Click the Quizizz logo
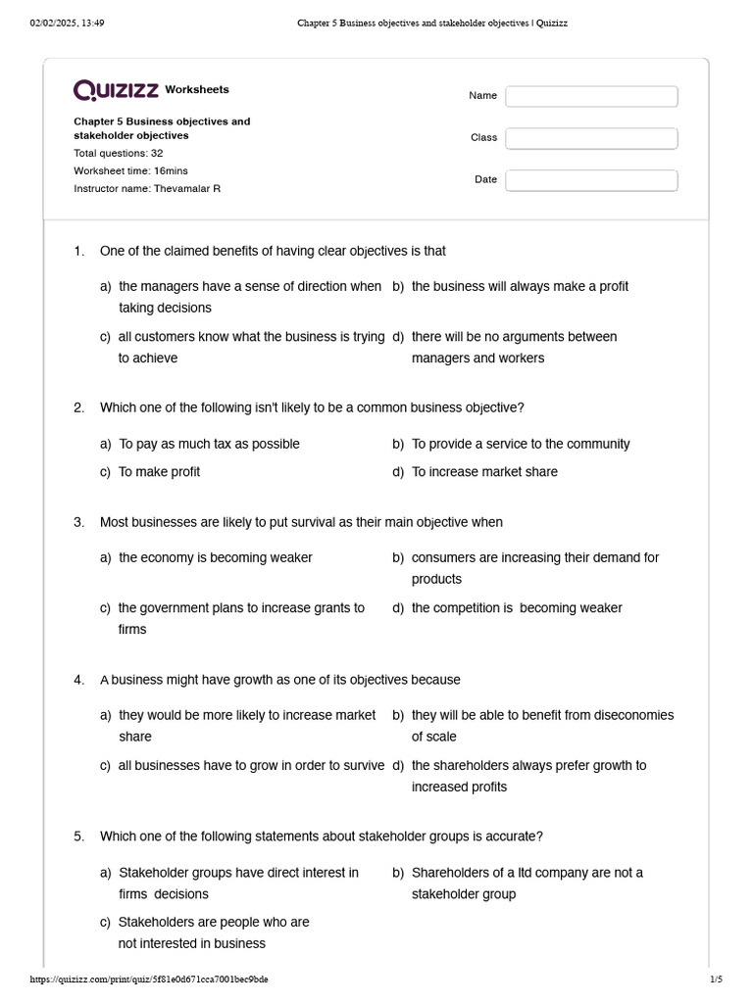click(x=117, y=90)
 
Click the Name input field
click(x=591, y=96)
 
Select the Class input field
click(x=591, y=138)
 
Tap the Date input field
click(x=591, y=180)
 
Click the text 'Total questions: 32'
click(x=119, y=154)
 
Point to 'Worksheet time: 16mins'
click(x=131, y=170)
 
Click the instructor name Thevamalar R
click(x=186, y=188)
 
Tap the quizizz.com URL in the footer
click(x=149, y=979)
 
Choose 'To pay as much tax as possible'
click(x=209, y=444)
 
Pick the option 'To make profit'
click(x=159, y=472)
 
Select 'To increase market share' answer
click(x=484, y=472)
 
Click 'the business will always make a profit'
click(x=520, y=287)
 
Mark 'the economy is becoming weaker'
click(x=216, y=558)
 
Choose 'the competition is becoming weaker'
click(x=517, y=608)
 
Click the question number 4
click(x=78, y=680)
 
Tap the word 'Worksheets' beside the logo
click(x=197, y=90)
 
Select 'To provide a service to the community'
click(x=521, y=444)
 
